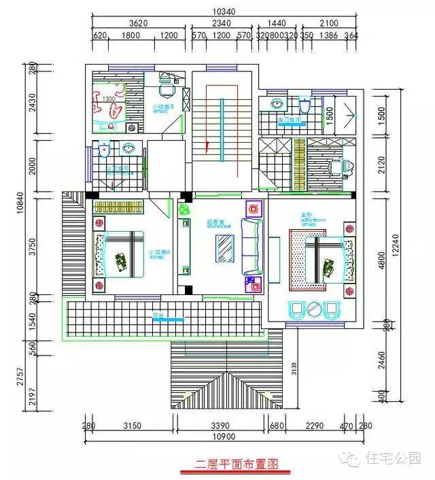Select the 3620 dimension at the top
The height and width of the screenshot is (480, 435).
138,22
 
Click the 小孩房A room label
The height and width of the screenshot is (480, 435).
159,252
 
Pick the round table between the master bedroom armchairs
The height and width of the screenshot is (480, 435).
314,309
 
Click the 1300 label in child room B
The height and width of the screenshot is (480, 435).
107,99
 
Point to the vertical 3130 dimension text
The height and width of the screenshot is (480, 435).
294,368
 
